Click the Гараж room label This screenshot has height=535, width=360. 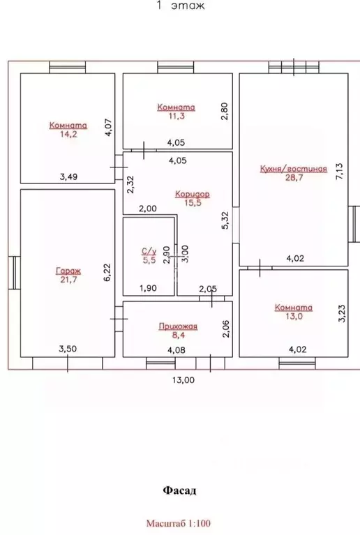(x=68, y=271)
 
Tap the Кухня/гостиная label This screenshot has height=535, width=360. (x=294, y=169)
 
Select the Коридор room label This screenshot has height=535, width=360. (x=193, y=194)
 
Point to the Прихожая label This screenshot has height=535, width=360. (x=178, y=326)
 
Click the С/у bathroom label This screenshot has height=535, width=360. (x=149, y=252)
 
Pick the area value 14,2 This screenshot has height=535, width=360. (x=68, y=134)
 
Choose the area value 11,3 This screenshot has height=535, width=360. (x=177, y=116)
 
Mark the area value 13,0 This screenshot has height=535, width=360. (x=294, y=316)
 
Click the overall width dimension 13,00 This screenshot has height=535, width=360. (x=183, y=379)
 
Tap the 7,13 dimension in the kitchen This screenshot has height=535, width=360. (x=340, y=172)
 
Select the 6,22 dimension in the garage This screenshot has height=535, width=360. (x=107, y=272)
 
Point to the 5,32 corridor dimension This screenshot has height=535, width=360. (x=225, y=220)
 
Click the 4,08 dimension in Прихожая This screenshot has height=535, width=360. (x=177, y=349)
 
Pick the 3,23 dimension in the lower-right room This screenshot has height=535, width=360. (x=342, y=313)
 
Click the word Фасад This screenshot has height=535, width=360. (x=179, y=490)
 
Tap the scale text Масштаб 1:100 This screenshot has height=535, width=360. (x=179, y=523)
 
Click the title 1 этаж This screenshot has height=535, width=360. (x=181, y=6)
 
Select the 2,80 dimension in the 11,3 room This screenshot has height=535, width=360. (x=225, y=111)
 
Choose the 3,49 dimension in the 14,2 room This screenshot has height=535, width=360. (x=68, y=176)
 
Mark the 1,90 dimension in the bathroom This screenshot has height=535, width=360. (x=148, y=288)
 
